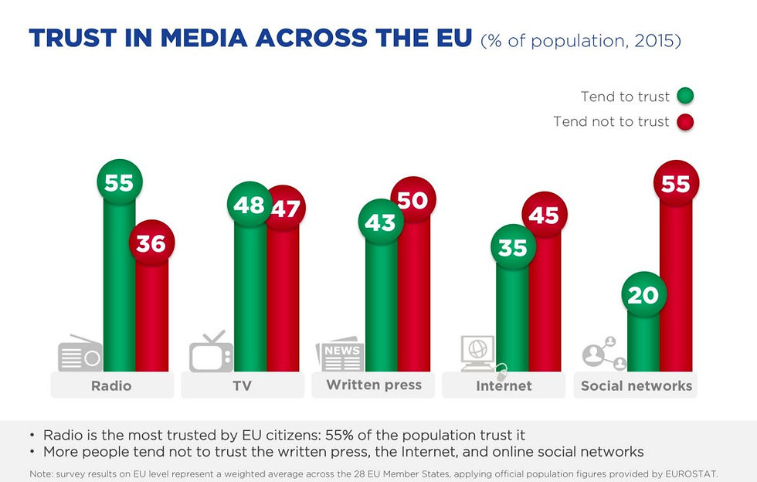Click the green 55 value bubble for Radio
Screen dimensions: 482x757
(120, 183)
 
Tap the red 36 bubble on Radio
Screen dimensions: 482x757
(152, 243)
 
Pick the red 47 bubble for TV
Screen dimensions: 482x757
(283, 208)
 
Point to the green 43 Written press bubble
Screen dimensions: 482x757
(380, 222)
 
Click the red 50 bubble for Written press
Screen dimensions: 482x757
(413, 200)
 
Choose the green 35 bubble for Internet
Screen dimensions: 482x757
(512, 248)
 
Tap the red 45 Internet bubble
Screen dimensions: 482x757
(545, 215)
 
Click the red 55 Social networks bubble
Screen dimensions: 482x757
(676, 183)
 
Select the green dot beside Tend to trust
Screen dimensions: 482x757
(685, 97)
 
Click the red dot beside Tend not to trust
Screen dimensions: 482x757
(685, 122)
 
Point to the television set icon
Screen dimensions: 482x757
(211, 352)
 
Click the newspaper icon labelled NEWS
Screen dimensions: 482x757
(339, 354)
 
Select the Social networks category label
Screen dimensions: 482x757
(636, 385)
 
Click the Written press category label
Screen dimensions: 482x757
(374, 385)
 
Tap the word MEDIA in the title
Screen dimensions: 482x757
(202, 38)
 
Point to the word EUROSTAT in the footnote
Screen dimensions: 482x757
(700, 473)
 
